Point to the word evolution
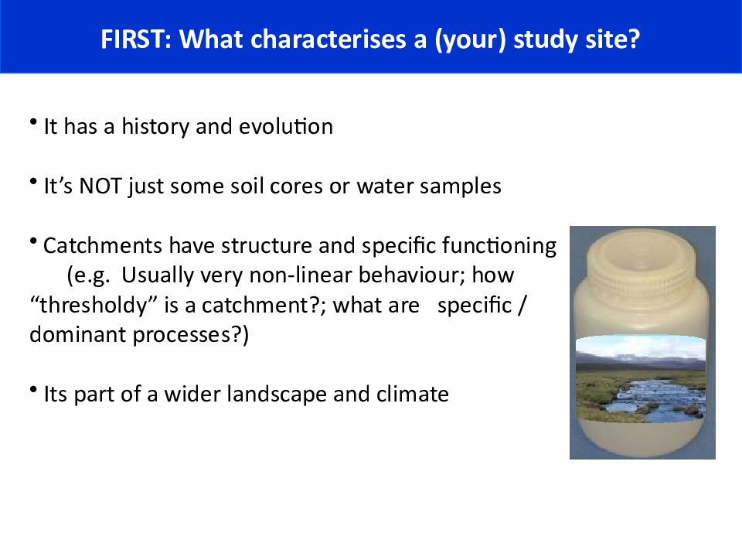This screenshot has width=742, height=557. coord(286,127)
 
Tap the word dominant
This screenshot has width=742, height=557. coord(77,334)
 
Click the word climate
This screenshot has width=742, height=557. coord(412,394)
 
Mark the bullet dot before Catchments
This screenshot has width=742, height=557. coord(33,241)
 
